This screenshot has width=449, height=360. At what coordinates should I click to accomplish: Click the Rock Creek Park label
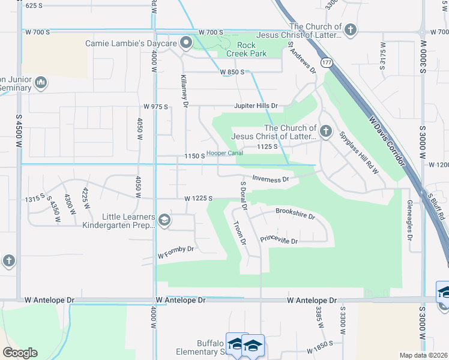[247, 49]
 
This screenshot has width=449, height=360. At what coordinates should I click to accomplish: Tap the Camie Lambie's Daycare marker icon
[186, 42]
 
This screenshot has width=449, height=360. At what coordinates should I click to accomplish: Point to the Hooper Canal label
[224, 153]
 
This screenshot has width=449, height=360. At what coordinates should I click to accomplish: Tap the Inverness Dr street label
[271, 178]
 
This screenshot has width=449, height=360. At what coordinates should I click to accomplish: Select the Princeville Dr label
[279, 240]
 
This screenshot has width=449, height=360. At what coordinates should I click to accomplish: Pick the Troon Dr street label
[239, 232]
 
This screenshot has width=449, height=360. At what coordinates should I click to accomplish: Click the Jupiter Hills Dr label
[256, 106]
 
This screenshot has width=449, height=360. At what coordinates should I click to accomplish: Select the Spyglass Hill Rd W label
[358, 154]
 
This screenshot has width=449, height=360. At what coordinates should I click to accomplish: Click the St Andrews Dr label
[301, 57]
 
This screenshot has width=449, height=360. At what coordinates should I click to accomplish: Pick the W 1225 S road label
[199, 198]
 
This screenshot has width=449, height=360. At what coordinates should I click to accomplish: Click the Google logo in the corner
[20, 352]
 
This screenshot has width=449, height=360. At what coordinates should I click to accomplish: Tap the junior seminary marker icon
[41, 82]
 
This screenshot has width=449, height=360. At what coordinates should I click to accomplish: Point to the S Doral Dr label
[244, 195]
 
